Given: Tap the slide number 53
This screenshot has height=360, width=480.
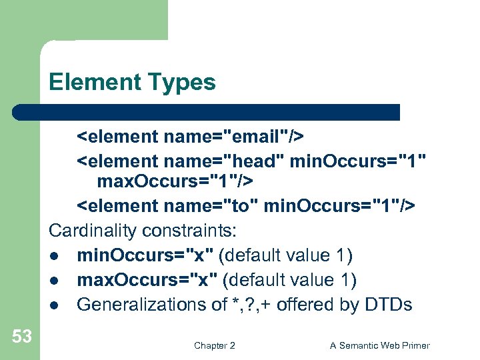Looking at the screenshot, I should pyautogui.click(x=22, y=336).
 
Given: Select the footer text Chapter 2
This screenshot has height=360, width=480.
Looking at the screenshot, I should pyautogui.click(x=214, y=345).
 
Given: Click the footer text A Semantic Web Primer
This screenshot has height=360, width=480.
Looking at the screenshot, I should pyautogui.click(x=380, y=345).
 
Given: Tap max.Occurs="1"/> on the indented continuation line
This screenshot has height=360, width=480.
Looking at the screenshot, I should pyautogui.click(x=174, y=181).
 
